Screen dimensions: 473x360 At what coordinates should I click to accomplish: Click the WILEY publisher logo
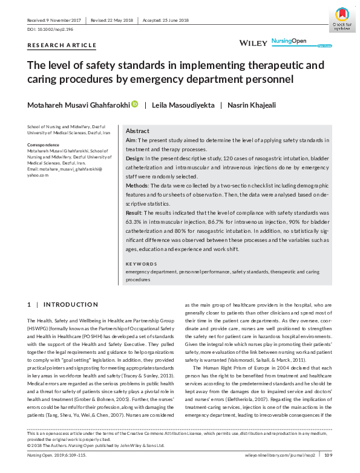coord(253,44)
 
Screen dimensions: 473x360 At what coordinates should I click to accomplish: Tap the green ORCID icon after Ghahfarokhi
coord(134,105)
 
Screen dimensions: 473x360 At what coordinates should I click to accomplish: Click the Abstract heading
coord(138,131)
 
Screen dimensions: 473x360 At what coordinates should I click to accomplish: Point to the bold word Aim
coord(130,140)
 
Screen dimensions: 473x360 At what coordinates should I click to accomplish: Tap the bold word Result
coord(134,214)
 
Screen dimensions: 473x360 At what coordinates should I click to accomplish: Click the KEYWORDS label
coord(141,264)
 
